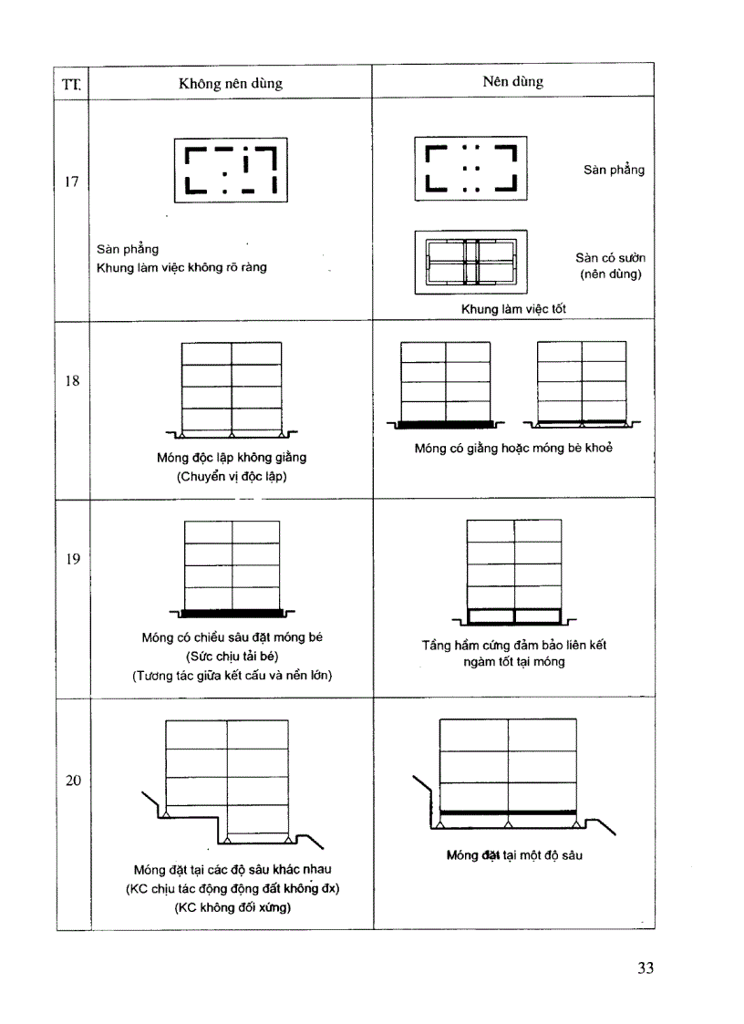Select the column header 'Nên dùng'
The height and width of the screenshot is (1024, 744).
[x=512, y=82]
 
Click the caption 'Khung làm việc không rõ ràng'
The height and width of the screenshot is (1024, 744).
[x=181, y=268]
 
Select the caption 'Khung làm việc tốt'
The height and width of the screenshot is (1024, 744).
[x=512, y=309]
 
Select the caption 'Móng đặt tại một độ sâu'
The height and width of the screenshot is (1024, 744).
[x=514, y=855]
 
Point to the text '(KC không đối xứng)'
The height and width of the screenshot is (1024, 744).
[x=232, y=908]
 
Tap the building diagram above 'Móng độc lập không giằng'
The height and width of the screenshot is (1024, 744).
[x=232, y=388]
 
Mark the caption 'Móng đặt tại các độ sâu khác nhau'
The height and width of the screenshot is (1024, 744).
[x=232, y=870]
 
